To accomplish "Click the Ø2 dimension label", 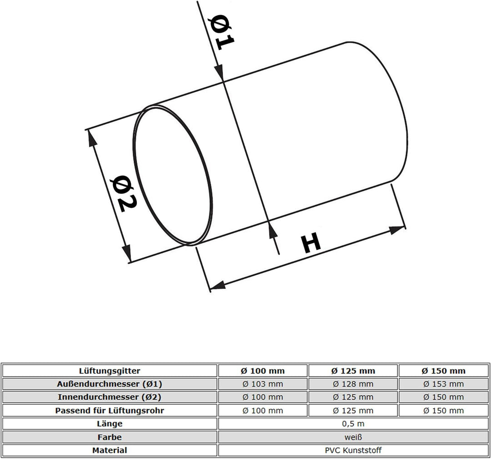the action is [125, 194].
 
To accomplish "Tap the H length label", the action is [311, 242].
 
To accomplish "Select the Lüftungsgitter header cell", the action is [110, 371].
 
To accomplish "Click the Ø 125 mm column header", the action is [353, 371].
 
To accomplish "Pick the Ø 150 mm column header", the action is [443, 371].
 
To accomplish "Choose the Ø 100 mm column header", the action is [262, 371].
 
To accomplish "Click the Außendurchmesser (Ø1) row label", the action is [110, 384].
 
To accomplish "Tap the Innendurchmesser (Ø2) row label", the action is [110, 397].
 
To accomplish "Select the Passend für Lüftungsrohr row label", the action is [110, 410].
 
